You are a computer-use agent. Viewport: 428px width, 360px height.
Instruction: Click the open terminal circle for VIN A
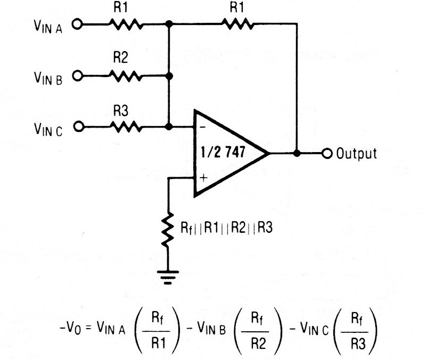[x=78, y=24]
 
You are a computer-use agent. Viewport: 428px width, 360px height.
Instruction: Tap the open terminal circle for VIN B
[x=78, y=76]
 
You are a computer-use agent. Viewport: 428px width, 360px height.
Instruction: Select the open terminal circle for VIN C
[x=78, y=127]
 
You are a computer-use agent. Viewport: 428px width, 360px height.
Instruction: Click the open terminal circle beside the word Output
[x=327, y=153]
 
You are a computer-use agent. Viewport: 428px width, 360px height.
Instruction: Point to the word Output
[x=357, y=153]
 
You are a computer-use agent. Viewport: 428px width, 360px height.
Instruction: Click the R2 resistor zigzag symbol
[x=126, y=76]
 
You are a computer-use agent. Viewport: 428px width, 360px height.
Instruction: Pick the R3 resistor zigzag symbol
[x=126, y=127]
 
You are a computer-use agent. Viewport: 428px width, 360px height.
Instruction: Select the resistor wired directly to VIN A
[x=126, y=24]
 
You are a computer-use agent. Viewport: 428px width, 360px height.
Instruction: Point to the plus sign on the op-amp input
[x=203, y=177]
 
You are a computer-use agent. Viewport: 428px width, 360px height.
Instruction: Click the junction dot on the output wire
[x=297, y=153]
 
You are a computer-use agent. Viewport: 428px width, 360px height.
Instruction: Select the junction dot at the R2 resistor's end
[x=169, y=76]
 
